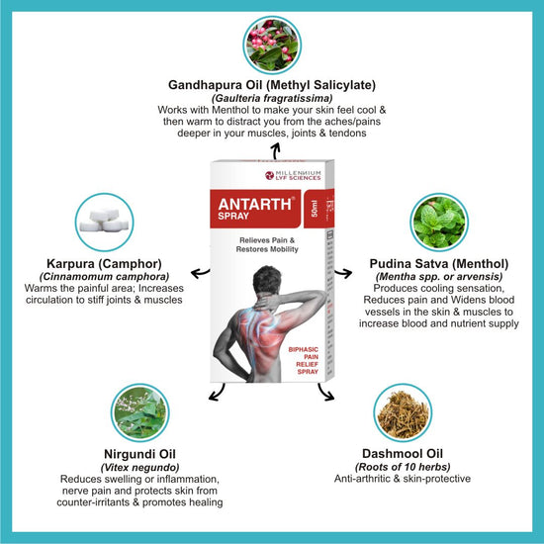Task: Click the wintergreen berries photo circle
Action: pyautogui.click(x=272, y=45)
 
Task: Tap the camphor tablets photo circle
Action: pyautogui.click(x=105, y=223)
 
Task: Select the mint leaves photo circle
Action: pyautogui.click(x=439, y=223)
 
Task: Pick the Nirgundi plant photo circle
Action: pyautogui.click(x=140, y=412)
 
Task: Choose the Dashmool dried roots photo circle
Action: pyautogui.click(x=403, y=412)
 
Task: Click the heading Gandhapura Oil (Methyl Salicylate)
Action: pyautogui.click(x=272, y=85)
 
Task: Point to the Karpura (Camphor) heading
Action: pyautogui.click(x=104, y=264)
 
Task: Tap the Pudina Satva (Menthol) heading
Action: pyautogui.click(x=439, y=264)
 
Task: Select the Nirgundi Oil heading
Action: pyautogui.click(x=139, y=454)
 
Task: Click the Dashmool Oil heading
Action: pyautogui.click(x=403, y=453)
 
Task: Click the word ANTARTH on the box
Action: pyautogui.click(x=255, y=204)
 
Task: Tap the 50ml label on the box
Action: pyautogui.click(x=315, y=209)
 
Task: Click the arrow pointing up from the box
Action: pyautogui.click(x=276, y=152)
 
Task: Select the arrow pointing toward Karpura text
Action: pyautogui.click(x=200, y=273)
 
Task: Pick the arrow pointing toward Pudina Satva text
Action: pyautogui.click(x=343, y=273)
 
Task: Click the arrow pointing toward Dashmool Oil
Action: pyautogui.click(x=325, y=393)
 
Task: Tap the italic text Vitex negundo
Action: pyautogui.click(x=139, y=467)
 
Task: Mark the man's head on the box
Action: pyautogui.click(x=266, y=280)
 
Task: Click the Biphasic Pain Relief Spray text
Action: pyautogui.click(x=304, y=360)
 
